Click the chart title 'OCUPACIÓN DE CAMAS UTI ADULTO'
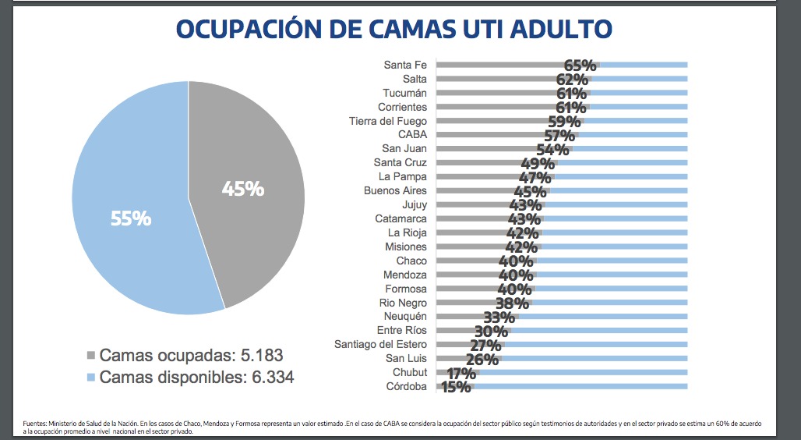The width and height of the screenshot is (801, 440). click(x=393, y=28)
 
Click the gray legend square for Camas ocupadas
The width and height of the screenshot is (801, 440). click(x=90, y=356)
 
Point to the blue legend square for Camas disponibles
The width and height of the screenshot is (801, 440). click(x=90, y=378)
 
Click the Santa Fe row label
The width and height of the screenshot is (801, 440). click(x=404, y=65)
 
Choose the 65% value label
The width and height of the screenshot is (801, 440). click(x=580, y=66)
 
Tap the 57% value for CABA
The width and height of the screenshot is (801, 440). click(x=559, y=136)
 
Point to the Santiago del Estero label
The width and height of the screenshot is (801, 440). click(x=380, y=344)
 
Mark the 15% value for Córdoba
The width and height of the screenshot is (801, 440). click(x=456, y=387)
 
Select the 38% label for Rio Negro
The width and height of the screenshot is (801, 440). click(x=511, y=303)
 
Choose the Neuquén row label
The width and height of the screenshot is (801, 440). click(x=405, y=317)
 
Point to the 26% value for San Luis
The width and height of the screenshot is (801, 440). click(x=482, y=360)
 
